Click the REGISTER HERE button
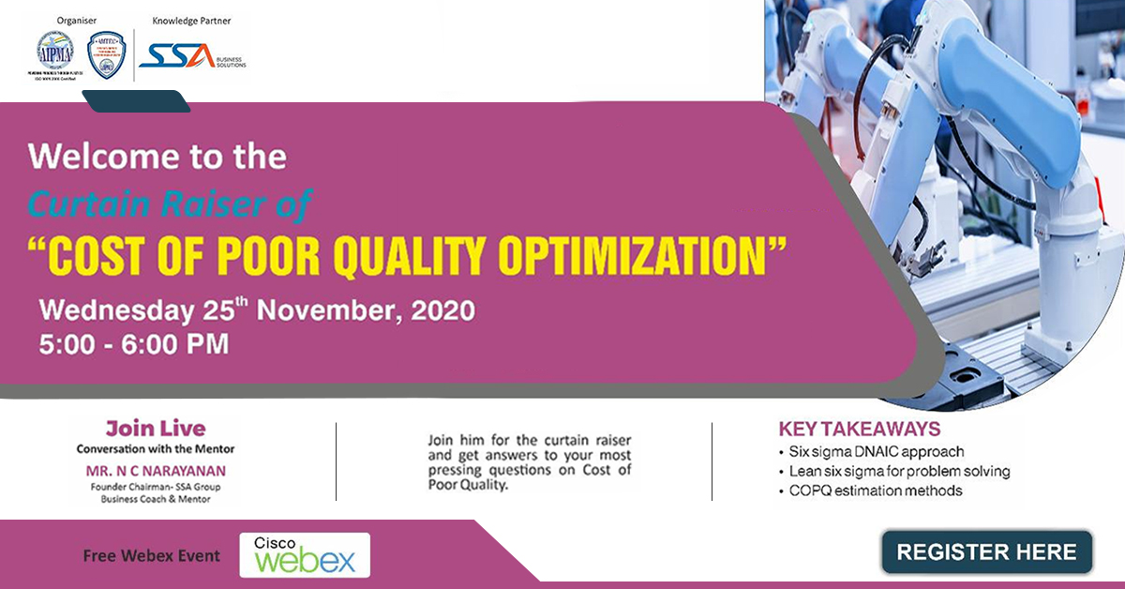pos(986,552)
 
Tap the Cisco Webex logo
pos(305,555)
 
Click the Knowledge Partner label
pos(191,20)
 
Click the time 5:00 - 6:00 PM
pos(134,343)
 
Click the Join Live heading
pos(156,429)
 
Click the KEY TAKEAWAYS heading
pos(860,430)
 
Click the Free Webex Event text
pos(152,555)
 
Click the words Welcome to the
pos(157,156)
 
